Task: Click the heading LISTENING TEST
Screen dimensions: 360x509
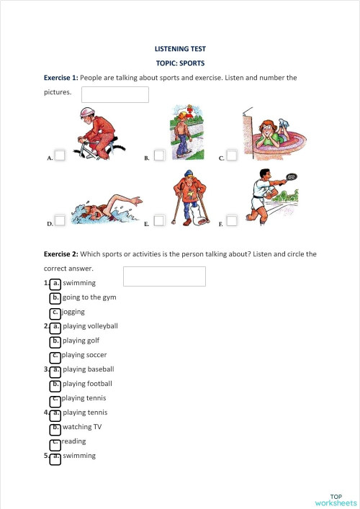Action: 180,49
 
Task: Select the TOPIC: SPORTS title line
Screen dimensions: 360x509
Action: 180,63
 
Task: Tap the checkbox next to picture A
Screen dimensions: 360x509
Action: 60,155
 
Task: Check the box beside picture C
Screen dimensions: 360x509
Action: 232,155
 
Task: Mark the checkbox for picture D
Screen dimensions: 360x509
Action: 60,220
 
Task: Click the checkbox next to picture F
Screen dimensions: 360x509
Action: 232,220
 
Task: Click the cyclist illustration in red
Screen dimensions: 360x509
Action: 97,133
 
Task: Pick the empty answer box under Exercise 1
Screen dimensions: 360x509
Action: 115,94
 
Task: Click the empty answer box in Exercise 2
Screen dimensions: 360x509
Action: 164,276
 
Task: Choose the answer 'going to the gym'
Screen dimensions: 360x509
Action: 89,297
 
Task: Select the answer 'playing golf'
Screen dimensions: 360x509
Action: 80,341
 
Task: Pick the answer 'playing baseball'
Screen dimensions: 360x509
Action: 88,369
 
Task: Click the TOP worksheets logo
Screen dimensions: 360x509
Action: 335,500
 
